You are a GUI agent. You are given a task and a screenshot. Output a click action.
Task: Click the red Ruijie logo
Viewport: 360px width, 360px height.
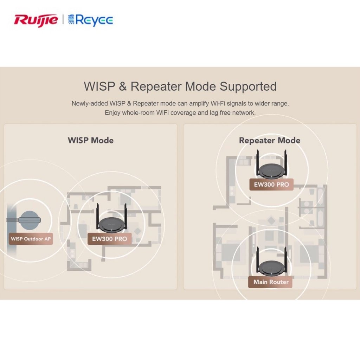pos(36,20)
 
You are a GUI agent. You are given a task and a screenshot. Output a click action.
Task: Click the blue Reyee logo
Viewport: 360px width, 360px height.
pos(90,20)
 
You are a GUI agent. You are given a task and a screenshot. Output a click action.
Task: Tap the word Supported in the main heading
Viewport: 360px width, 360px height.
pos(248,87)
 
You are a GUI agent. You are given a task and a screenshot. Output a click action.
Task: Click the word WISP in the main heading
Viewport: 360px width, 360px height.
pos(99,86)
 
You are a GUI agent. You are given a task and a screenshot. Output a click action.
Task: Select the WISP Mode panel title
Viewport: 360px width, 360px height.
pos(91,140)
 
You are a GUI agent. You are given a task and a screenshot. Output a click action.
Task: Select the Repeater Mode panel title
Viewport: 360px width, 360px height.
pos(270,140)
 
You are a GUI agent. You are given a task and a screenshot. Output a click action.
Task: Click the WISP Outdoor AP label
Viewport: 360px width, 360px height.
pos(31,239)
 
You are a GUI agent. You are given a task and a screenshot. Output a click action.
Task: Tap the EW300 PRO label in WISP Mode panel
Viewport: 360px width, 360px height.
pos(110,239)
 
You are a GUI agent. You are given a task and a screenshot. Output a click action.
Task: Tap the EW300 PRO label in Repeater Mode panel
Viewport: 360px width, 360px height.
pos(271,184)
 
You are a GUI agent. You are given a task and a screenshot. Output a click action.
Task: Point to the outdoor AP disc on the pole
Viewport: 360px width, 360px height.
pos(30,220)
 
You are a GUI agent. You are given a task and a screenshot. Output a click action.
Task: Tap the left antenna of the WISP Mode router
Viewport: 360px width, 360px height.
pos(98,216)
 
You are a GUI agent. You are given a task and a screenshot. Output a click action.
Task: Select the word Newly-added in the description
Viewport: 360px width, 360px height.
pos(90,104)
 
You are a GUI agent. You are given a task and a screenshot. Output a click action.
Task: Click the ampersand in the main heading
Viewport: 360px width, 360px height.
pos(123,86)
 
